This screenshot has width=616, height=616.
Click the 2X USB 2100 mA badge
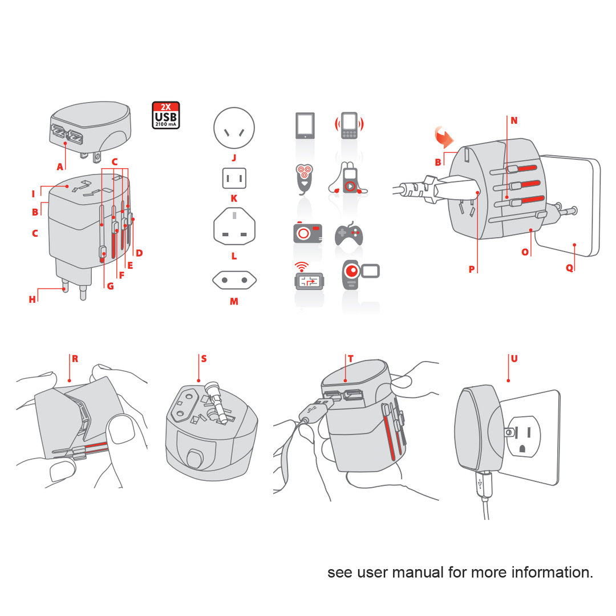tap(166, 115)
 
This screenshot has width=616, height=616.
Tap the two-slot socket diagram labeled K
tap(234, 179)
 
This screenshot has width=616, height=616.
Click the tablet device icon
tap(305, 125)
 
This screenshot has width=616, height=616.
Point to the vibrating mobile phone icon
tap(349, 125)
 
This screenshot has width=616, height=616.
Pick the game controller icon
tap(348, 234)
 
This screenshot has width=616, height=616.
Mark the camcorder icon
tap(359, 276)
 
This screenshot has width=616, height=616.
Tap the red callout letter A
tap(60, 167)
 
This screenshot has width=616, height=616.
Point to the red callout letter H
tap(33, 299)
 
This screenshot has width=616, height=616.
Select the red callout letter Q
tap(569, 268)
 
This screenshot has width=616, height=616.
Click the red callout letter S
tap(204, 359)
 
